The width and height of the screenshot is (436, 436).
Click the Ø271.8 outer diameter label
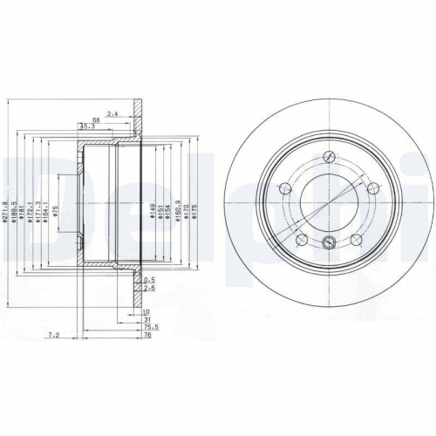click(x=6, y=211)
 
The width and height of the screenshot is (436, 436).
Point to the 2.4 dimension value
click(x=112, y=113)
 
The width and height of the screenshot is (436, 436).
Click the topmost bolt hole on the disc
click(x=329, y=158)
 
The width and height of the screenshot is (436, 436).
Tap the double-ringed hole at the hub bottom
click(x=329, y=243)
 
